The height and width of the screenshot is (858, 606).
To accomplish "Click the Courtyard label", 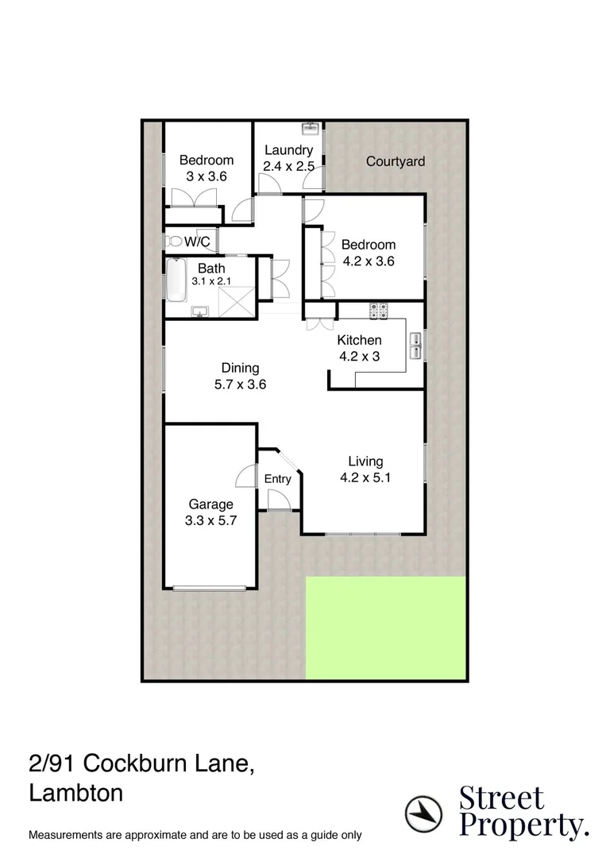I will (x=395, y=161).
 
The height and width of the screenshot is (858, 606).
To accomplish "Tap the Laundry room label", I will (x=288, y=150).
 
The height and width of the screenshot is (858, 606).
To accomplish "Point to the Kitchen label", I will (x=359, y=340).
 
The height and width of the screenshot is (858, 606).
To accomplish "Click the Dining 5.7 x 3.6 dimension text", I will (x=240, y=385).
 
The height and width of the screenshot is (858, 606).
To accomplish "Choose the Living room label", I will (x=365, y=461).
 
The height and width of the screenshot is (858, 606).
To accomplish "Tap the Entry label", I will (x=277, y=479).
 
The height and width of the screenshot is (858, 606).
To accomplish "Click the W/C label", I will (x=197, y=242).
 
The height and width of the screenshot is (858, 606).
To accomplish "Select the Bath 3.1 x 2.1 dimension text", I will (x=210, y=281).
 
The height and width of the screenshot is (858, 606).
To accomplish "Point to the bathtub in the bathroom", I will (x=175, y=281).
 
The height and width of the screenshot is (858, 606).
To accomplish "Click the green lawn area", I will (x=384, y=628).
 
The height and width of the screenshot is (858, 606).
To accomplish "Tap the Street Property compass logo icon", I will (x=423, y=813).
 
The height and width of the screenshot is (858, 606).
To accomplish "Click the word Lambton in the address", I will (x=76, y=793).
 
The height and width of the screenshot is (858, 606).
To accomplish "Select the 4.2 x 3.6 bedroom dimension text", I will (x=368, y=260).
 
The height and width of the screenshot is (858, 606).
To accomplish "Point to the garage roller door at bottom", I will (x=210, y=588).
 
